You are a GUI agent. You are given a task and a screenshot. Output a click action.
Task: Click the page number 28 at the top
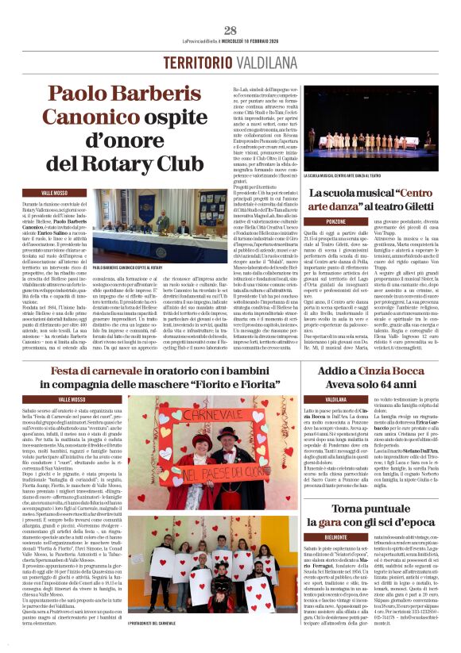230,31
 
